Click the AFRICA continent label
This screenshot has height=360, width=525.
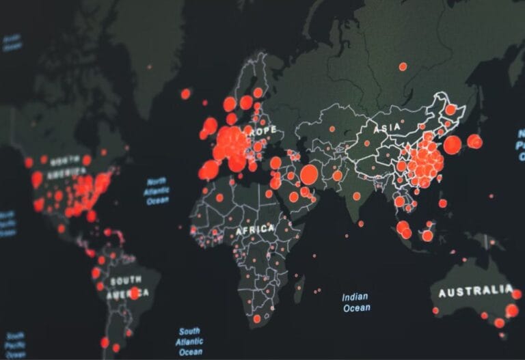coord(254,230)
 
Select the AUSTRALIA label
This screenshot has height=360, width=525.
coord(474,292)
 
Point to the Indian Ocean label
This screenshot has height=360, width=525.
coord(355,302)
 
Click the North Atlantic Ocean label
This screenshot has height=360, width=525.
coord(157,191)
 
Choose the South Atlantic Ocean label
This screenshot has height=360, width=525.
coord(189,341)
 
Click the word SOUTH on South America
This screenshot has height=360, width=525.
coord(126,281)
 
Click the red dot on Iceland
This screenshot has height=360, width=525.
coord(185,94)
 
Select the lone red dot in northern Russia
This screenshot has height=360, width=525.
coord(403,66)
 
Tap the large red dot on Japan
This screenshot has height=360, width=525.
coord(453,145)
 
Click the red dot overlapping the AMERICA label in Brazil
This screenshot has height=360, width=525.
coord(135,293)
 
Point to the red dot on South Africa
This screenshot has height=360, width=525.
coord(257,318)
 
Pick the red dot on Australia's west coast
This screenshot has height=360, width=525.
coord(435,311)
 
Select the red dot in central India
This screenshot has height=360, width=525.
coord(357,196)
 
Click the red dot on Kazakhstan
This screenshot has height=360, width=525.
coord(332,128)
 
